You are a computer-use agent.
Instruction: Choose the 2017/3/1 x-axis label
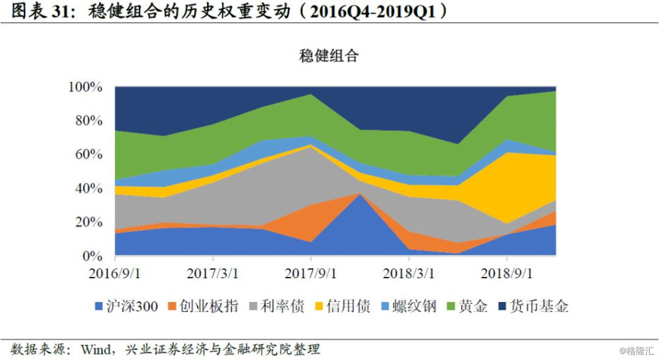(212, 273)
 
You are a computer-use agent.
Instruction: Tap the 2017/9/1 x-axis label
(311, 273)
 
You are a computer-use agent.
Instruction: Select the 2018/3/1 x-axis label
(409, 273)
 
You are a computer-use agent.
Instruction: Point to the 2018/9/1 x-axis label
(507, 273)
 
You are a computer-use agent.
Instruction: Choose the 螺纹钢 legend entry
(407, 307)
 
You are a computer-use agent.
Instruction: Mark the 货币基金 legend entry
(535, 307)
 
